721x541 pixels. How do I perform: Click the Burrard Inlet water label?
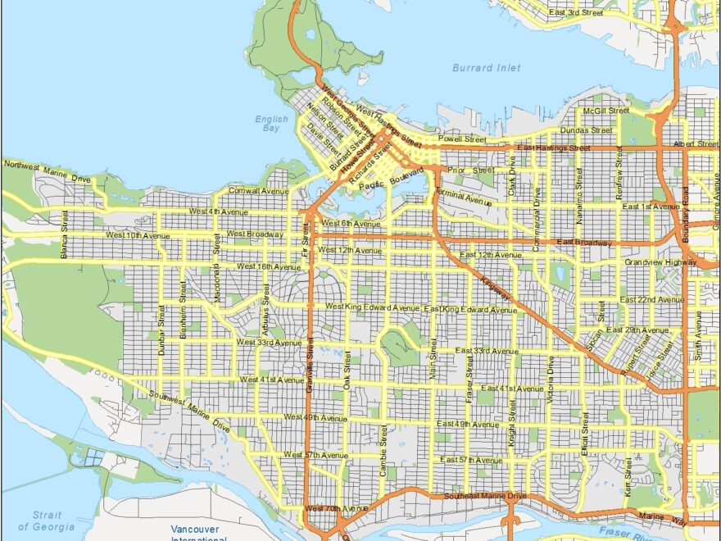coord(486,68)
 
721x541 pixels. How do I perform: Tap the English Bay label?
coord(270,124)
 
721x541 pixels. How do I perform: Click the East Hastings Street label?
coord(553,148)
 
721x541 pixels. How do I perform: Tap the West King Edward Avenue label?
coord(372,307)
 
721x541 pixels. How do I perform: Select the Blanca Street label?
coord(64,234)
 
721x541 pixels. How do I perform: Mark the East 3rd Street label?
coord(575,13)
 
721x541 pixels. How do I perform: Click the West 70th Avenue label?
coord(333,509)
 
